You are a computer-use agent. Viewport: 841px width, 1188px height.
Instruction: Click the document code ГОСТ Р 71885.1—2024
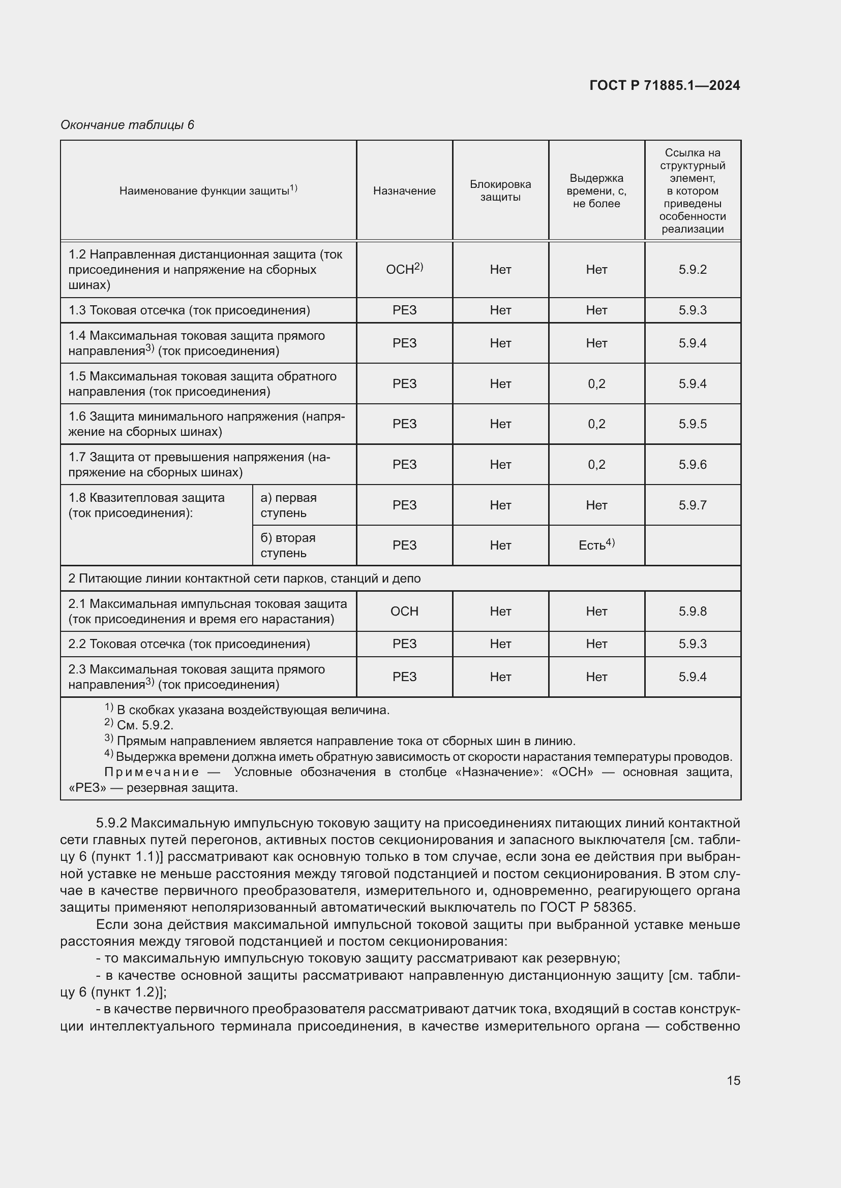click(x=665, y=85)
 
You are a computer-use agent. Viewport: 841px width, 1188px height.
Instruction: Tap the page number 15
click(x=733, y=1080)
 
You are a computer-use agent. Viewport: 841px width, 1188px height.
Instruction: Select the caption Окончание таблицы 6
click(x=128, y=125)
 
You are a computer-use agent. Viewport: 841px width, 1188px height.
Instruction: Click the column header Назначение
click(x=404, y=191)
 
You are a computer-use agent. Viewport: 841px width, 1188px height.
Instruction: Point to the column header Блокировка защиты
click(x=500, y=191)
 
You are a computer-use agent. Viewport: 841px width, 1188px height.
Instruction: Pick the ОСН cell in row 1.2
click(x=404, y=270)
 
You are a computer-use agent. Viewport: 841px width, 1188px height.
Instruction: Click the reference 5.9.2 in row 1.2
click(x=693, y=270)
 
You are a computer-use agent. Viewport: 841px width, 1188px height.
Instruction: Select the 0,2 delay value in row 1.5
click(x=596, y=384)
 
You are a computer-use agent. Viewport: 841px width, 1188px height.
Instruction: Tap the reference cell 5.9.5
click(x=693, y=424)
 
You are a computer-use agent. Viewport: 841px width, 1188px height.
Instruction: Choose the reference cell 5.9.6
click(x=693, y=465)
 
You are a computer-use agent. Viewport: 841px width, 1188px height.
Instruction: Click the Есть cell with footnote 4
click(x=596, y=545)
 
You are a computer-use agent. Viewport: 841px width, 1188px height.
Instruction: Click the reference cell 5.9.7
click(x=693, y=505)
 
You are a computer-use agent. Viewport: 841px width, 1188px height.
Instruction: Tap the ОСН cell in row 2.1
click(x=404, y=612)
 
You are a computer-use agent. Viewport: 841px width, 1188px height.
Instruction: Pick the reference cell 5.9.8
click(x=693, y=612)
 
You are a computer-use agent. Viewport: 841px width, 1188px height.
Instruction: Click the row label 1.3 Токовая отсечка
click(x=190, y=310)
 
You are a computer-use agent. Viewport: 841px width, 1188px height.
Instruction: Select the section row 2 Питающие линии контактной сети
click(x=245, y=579)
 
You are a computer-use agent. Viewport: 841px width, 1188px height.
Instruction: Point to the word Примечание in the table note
click(x=152, y=773)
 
